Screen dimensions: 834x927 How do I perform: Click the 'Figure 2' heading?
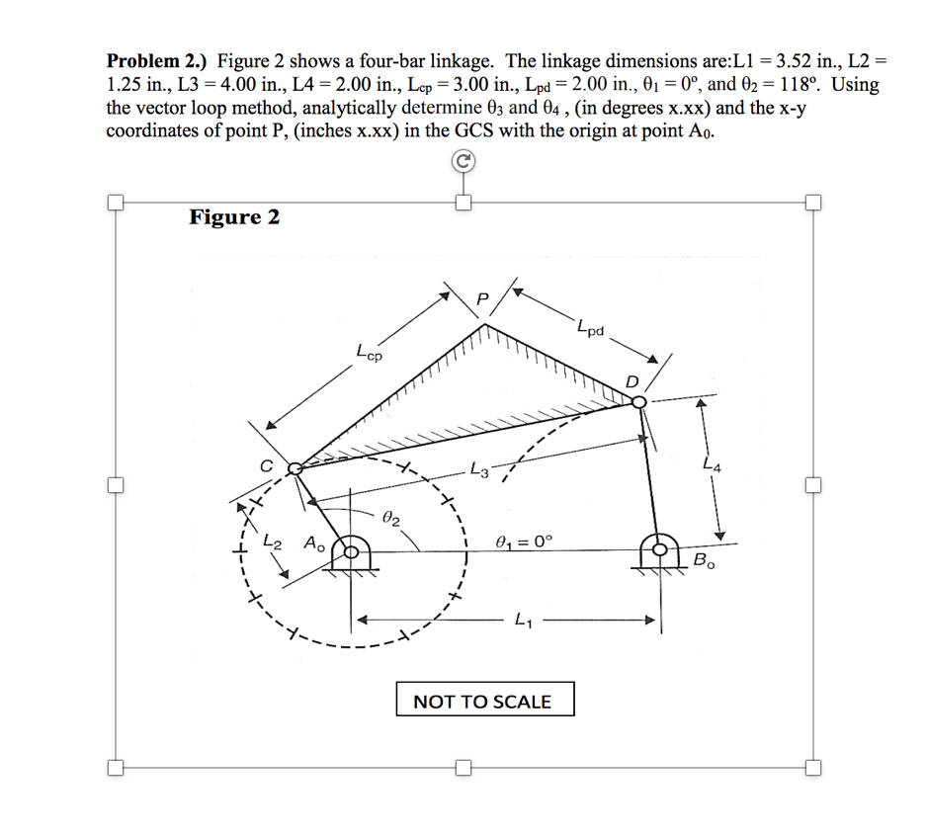point(234,217)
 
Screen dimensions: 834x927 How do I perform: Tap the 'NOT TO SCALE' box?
point(482,702)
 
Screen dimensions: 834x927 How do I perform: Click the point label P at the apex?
point(482,298)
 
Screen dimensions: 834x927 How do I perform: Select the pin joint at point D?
point(638,401)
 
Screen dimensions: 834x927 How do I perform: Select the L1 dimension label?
point(522,622)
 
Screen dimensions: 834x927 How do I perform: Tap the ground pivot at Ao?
point(353,551)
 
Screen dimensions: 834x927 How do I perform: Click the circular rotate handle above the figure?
point(462,162)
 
